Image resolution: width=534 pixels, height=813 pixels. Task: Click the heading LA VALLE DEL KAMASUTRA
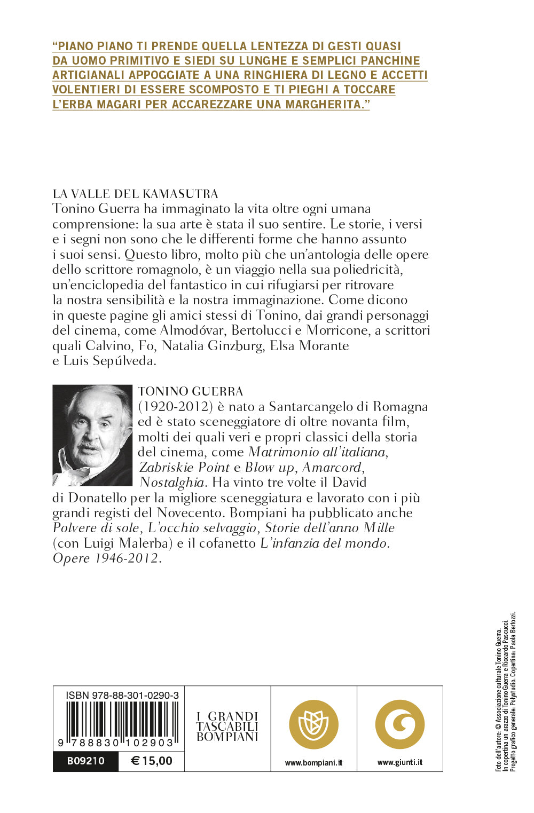tap(135, 194)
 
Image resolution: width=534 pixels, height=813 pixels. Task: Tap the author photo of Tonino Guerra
tap(92, 435)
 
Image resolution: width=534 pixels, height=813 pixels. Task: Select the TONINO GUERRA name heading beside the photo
tap(190, 392)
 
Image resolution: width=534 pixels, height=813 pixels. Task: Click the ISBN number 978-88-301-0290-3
tap(122, 696)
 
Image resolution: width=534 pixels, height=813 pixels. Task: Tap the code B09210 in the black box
tap(85, 761)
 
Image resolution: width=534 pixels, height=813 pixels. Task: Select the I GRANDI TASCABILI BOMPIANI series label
tap(227, 727)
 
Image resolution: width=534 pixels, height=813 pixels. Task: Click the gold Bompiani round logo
tap(313, 724)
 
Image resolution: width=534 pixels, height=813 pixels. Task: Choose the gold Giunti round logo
tap(399, 724)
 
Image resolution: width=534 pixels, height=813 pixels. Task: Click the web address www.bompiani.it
tap(313, 763)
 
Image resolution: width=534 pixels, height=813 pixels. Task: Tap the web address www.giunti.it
tap(399, 762)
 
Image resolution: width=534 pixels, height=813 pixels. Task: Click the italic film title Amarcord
tap(332, 468)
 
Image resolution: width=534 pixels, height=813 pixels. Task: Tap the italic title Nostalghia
tap(172, 483)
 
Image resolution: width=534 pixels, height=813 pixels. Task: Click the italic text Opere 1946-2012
tap(106, 558)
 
